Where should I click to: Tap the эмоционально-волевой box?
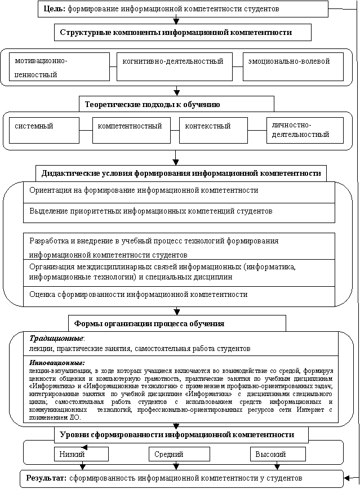tap(293, 66)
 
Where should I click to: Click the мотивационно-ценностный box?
tap(59, 66)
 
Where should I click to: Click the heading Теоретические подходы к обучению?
tap(152, 105)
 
